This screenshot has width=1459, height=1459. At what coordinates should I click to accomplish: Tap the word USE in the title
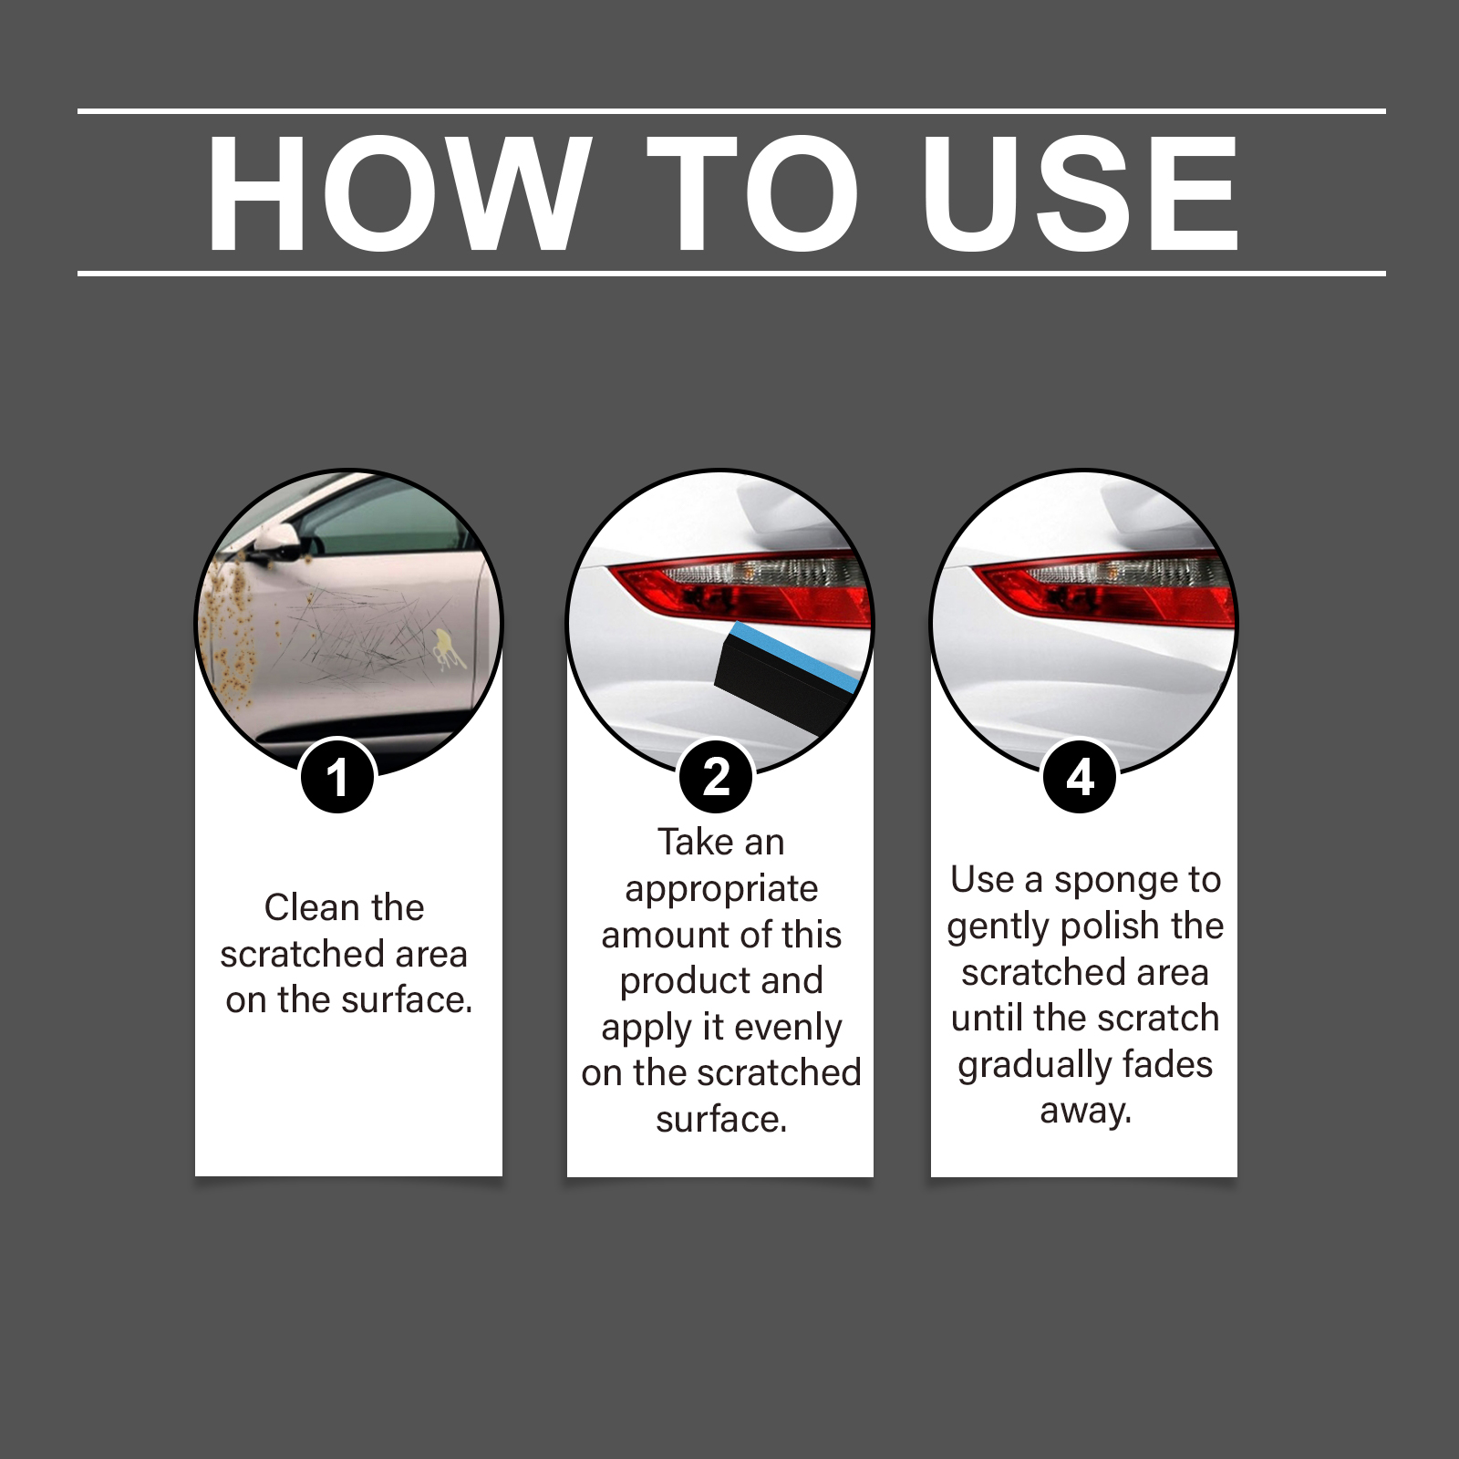(x=1081, y=192)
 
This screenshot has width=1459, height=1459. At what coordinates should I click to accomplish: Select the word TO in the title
(x=753, y=192)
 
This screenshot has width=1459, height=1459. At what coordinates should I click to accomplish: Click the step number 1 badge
(x=337, y=777)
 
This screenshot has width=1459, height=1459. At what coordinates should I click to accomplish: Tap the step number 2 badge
(x=717, y=777)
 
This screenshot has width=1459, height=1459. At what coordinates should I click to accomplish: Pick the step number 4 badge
(x=1080, y=777)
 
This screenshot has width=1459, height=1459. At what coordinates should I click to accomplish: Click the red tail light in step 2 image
(x=739, y=588)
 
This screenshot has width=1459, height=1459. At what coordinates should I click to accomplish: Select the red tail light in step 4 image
(x=1103, y=588)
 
